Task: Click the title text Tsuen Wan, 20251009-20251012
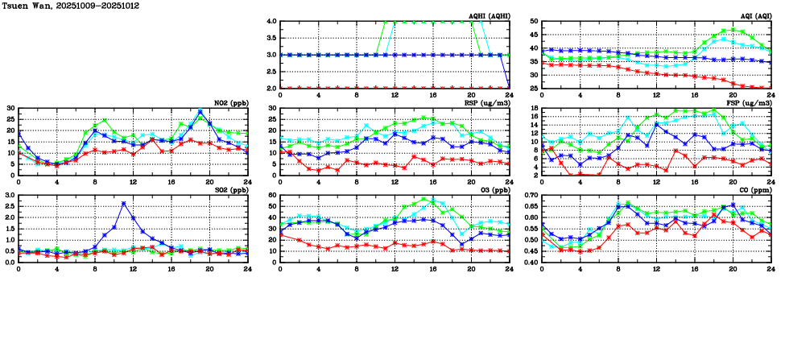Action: click(55, 6)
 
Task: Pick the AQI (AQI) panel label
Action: click(756, 16)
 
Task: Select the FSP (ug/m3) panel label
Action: click(752, 103)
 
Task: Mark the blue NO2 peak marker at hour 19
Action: click(200, 111)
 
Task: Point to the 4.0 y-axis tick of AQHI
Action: click(271, 22)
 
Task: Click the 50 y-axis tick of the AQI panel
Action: click(535, 22)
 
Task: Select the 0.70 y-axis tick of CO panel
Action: click(531, 196)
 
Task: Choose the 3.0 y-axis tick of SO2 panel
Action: click(10, 196)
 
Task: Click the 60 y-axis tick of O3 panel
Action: click(271, 196)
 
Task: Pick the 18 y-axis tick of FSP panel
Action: click(535, 109)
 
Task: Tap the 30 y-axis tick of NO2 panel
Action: click(10, 109)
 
